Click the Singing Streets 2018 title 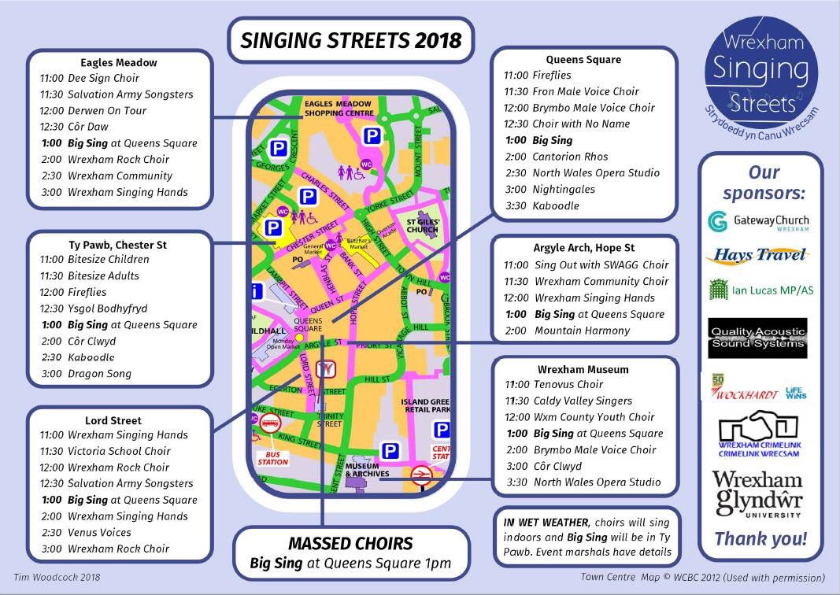pyautogui.click(x=350, y=40)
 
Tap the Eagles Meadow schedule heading pyautogui.click(x=119, y=62)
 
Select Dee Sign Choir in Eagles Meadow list pyautogui.click(x=103, y=78)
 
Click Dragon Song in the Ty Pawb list pyautogui.click(x=99, y=374)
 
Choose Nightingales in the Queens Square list pyautogui.click(x=564, y=189)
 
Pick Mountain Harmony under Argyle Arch pyautogui.click(x=582, y=331)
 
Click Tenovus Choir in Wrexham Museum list pyautogui.click(x=568, y=384)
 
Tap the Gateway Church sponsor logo pyautogui.click(x=758, y=222)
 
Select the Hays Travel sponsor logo pyautogui.click(x=758, y=255)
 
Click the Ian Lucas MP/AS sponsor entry pyautogui.click(x=758, y=290)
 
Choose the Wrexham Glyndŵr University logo pyautogui.click(x=757, y=494)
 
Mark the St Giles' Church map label pyautogui.click(x=422, y=227)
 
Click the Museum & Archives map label pyautogui.click(x=368, y=469)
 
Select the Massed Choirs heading pyautogui.click(x=350, y=543)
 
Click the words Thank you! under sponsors pyautogui.click(x=760, y=539)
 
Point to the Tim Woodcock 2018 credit pyautogui.click(x=57, y=578)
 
